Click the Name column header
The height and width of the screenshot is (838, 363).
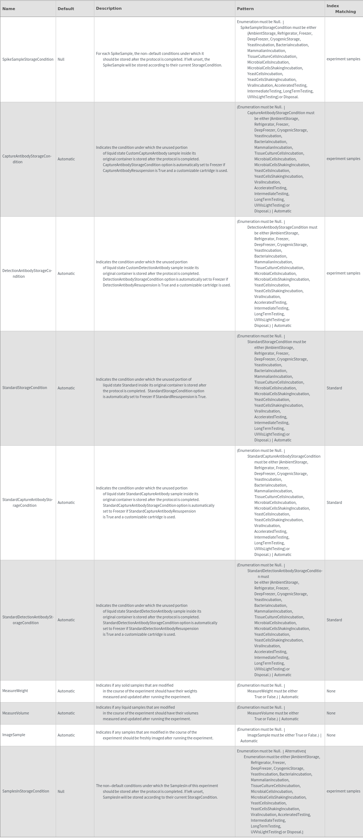pyautogui.click(x=9, y=9)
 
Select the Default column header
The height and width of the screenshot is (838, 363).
pyautogui.click(x=66, y=9)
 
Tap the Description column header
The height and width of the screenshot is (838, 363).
pyautogui.click(x=108, y=8)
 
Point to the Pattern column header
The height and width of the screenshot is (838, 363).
pyautogui.click(x=245, y=9)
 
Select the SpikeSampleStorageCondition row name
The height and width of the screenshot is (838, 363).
pyautogui.click(x=28, y=59)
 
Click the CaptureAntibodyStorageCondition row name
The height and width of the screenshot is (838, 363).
pyautogui.click(x=27, y=159)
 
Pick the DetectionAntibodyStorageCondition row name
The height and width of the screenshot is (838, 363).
pyautogui.click(x=27, y=273)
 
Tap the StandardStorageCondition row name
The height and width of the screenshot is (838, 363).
pyautogui.click(x=25, y=388)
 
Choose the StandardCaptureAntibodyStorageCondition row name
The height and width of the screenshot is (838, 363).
pyautogui.click(x=27, y=502)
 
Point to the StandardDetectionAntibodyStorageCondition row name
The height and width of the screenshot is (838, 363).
pyautogui.click(x=28, y=620)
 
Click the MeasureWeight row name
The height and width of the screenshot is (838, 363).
pyautogui.click(x=15, y=691)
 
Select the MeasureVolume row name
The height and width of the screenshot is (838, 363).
pyautogui.click(x=16, y=713)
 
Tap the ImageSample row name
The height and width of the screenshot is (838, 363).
pyautogui.click(x=14, y=735)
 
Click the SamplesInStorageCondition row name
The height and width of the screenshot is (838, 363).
pyautogui.click(x=26, y=791)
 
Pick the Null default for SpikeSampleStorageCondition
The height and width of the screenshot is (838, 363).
pyautogui.click(x=61, y=59)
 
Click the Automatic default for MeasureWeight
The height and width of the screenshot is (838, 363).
pyautogui.click(x=66, y=691)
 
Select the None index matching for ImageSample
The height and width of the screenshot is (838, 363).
pyautogui.click(x=331, y=735)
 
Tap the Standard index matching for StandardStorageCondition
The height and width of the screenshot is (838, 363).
pyautogui.click(x=334, y=388)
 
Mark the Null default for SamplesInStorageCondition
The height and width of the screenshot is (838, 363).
pyautogui.click(x=61, y=791)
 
